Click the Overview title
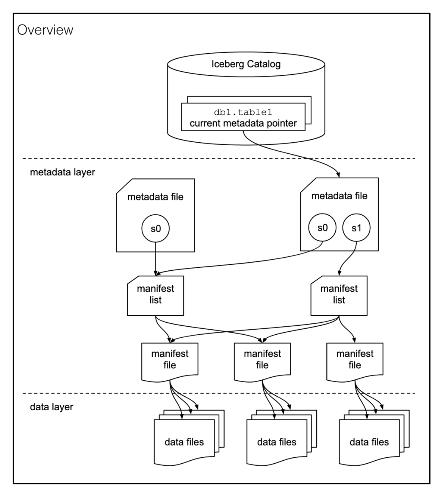point(45,30)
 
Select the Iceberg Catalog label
point(246,64)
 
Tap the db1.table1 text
point(243,112)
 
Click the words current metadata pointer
point(243,123)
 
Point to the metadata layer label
point(62,172)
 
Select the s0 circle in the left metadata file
point(155,228)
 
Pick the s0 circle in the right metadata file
point(322,227)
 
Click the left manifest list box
point(155,296)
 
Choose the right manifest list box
point(339,296)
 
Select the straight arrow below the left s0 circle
point(155,259)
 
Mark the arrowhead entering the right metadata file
point(338,175)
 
